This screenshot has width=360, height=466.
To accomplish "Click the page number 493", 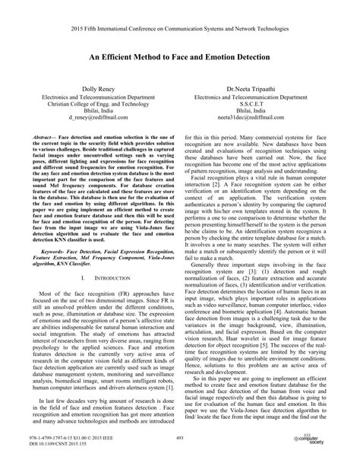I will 180,439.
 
